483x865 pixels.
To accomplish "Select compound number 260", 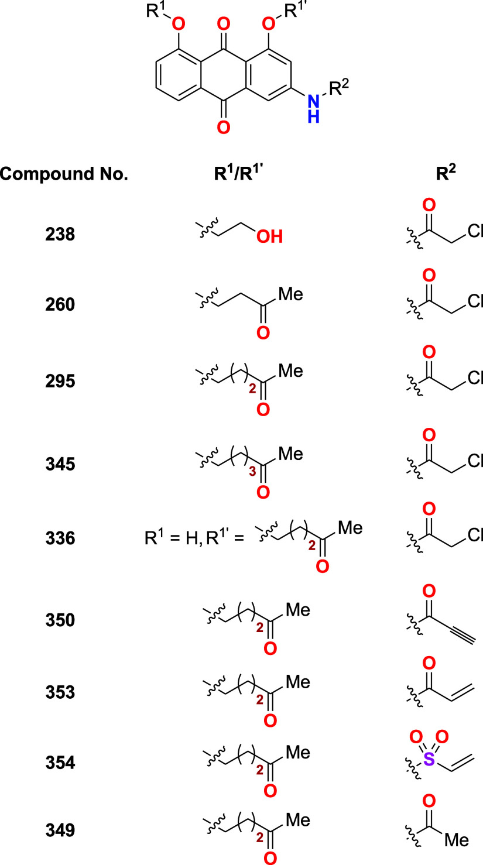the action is pyautogui.click(x=60, y=305).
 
